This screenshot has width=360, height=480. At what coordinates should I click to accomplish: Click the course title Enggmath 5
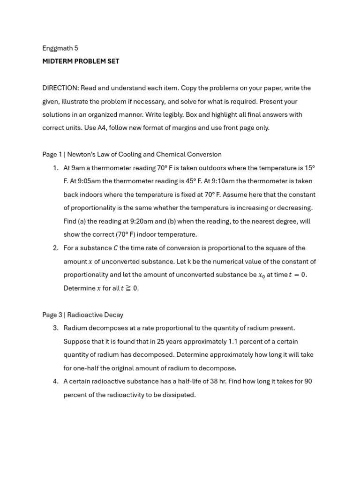tap(60, 48)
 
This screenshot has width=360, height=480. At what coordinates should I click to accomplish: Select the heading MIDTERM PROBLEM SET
tap(81, 61)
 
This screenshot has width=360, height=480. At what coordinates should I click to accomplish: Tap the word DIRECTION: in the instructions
tap(60, 88)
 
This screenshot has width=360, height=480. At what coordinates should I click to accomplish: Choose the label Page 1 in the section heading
tap(52, 154)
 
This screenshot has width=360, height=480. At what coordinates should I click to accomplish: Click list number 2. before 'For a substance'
tap(55, 248)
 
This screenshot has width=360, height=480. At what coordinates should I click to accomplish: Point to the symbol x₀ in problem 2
tap(262, 275)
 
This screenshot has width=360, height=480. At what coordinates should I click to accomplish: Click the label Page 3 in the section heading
tap(52, 315)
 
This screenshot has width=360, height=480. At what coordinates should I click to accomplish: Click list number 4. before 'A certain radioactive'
tap(55, 381)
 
